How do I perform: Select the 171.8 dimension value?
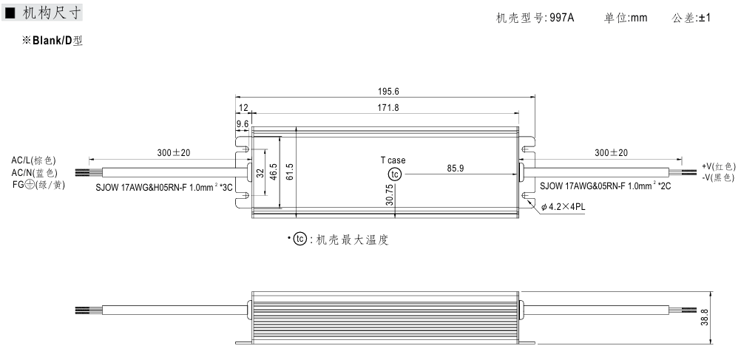point(388,108)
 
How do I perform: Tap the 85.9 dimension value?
point(456,169)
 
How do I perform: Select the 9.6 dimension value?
point(242,123)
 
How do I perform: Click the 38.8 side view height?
point(705,316)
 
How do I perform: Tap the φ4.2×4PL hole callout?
point(563,208)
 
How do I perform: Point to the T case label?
point(393,160)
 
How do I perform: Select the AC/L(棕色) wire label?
point(33,160)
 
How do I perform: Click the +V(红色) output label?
point(718,166)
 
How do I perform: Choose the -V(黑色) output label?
point(718,177)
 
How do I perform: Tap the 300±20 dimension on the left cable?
point(174,153)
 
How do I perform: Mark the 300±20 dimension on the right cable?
point(611,153)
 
